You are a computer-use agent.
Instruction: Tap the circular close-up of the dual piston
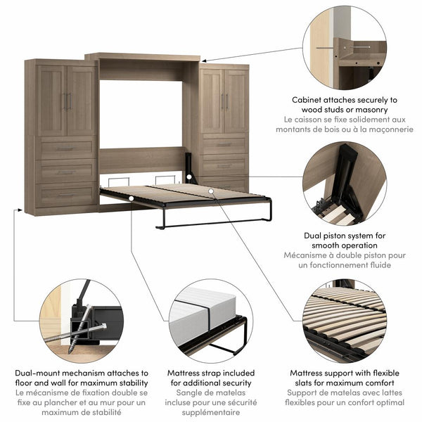coord(344,184)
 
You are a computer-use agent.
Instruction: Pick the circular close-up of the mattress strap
coord(211,321)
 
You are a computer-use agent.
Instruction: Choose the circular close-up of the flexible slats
coord(344,321)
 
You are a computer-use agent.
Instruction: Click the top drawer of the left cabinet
coord(65,148)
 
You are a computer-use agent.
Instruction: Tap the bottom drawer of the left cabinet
coord(65,194)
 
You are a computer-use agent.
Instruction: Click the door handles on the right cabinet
coord(224,101)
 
